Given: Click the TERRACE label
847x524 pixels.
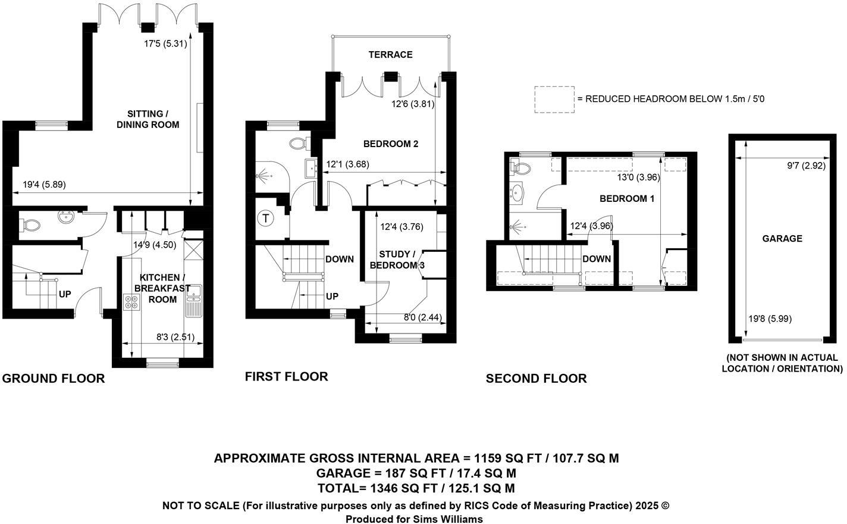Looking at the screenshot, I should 390,55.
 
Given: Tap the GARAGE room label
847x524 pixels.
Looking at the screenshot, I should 782,239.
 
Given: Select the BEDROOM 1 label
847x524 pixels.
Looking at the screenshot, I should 626,199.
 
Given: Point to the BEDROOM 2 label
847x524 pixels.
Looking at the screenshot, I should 391,144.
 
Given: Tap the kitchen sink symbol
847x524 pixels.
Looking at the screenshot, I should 193,301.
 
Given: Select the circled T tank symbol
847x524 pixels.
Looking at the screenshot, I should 265,219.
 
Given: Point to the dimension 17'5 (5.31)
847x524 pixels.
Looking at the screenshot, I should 166,43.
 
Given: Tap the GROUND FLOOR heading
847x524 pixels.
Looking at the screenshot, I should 54,379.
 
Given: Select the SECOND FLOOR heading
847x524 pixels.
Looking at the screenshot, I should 536,379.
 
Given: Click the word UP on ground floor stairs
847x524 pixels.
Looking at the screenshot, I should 65,294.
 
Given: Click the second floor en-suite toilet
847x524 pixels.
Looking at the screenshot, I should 521,167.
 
